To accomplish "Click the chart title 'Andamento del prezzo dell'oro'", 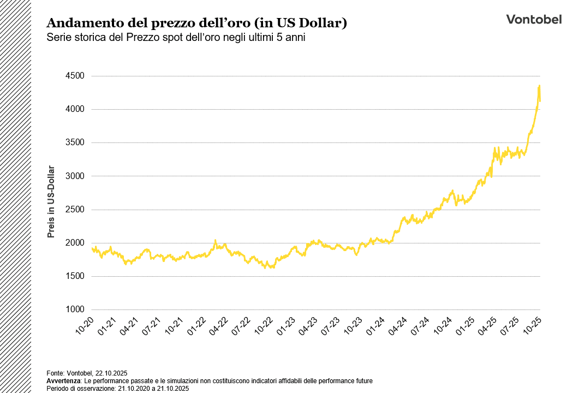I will point(197,23).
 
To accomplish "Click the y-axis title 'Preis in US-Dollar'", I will point(51,202).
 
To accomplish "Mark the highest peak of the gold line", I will point(539,86).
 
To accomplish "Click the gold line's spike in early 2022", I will point(216,240).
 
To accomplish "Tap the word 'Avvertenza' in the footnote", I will point(63,380).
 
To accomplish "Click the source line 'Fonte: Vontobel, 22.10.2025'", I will point(87,372).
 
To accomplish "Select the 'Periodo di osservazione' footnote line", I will point(117,388).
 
